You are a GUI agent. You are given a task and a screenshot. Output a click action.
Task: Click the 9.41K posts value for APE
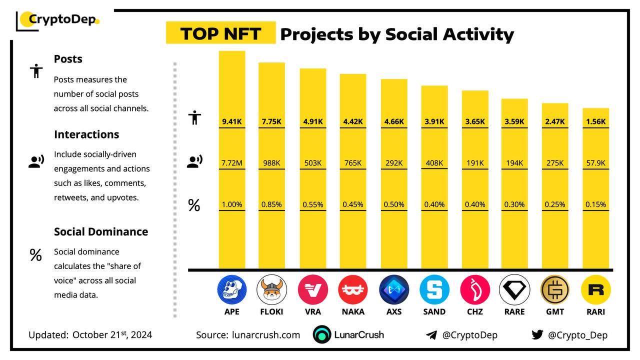pos(231,121)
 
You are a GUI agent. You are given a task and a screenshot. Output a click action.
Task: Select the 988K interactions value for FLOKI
pos(271,163)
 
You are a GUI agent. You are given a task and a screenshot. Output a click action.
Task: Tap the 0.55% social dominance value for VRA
pos(313,204)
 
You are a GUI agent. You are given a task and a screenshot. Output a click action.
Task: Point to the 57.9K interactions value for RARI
pos(595,163)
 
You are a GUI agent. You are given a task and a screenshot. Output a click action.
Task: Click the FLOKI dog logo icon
pos(271,289)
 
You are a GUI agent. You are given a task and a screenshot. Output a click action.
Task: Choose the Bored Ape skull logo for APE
pos(231,289)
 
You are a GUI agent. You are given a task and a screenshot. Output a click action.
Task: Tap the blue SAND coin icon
pos(434,289)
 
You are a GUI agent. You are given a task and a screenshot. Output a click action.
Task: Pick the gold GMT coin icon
pos(555,289)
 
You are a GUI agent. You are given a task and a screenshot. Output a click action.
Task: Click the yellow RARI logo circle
pos(595,289)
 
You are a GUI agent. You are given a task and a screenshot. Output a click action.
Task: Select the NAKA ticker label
pos(353,311)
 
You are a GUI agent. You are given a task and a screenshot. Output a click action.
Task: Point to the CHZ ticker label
pos(474,311)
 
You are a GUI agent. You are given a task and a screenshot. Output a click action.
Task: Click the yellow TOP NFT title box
pos(220,33)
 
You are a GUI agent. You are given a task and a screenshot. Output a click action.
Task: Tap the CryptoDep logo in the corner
pos(59,20)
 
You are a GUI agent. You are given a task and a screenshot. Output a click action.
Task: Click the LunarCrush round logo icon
pos(322,335)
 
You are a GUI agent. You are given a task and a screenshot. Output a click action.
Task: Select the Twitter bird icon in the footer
pos(537,335)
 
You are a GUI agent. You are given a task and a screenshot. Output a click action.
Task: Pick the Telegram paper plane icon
pos(431,335)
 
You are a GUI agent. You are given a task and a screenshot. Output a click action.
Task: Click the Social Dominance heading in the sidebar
pos(101,231)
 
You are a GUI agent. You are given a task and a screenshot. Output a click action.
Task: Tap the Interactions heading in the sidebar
pos(86,134)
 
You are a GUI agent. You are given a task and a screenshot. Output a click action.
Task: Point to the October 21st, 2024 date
pos(112,334)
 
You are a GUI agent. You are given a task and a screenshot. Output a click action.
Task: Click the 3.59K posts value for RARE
pos(514,121)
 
